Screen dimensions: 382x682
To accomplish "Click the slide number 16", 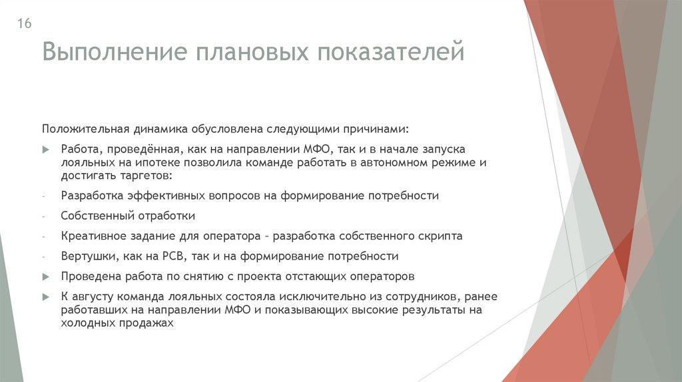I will point(24,24).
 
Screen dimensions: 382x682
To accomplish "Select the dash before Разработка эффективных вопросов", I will point(43,196).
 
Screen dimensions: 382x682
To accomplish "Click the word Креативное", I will point(92,236).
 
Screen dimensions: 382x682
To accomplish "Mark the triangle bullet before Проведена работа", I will point(46,276).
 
